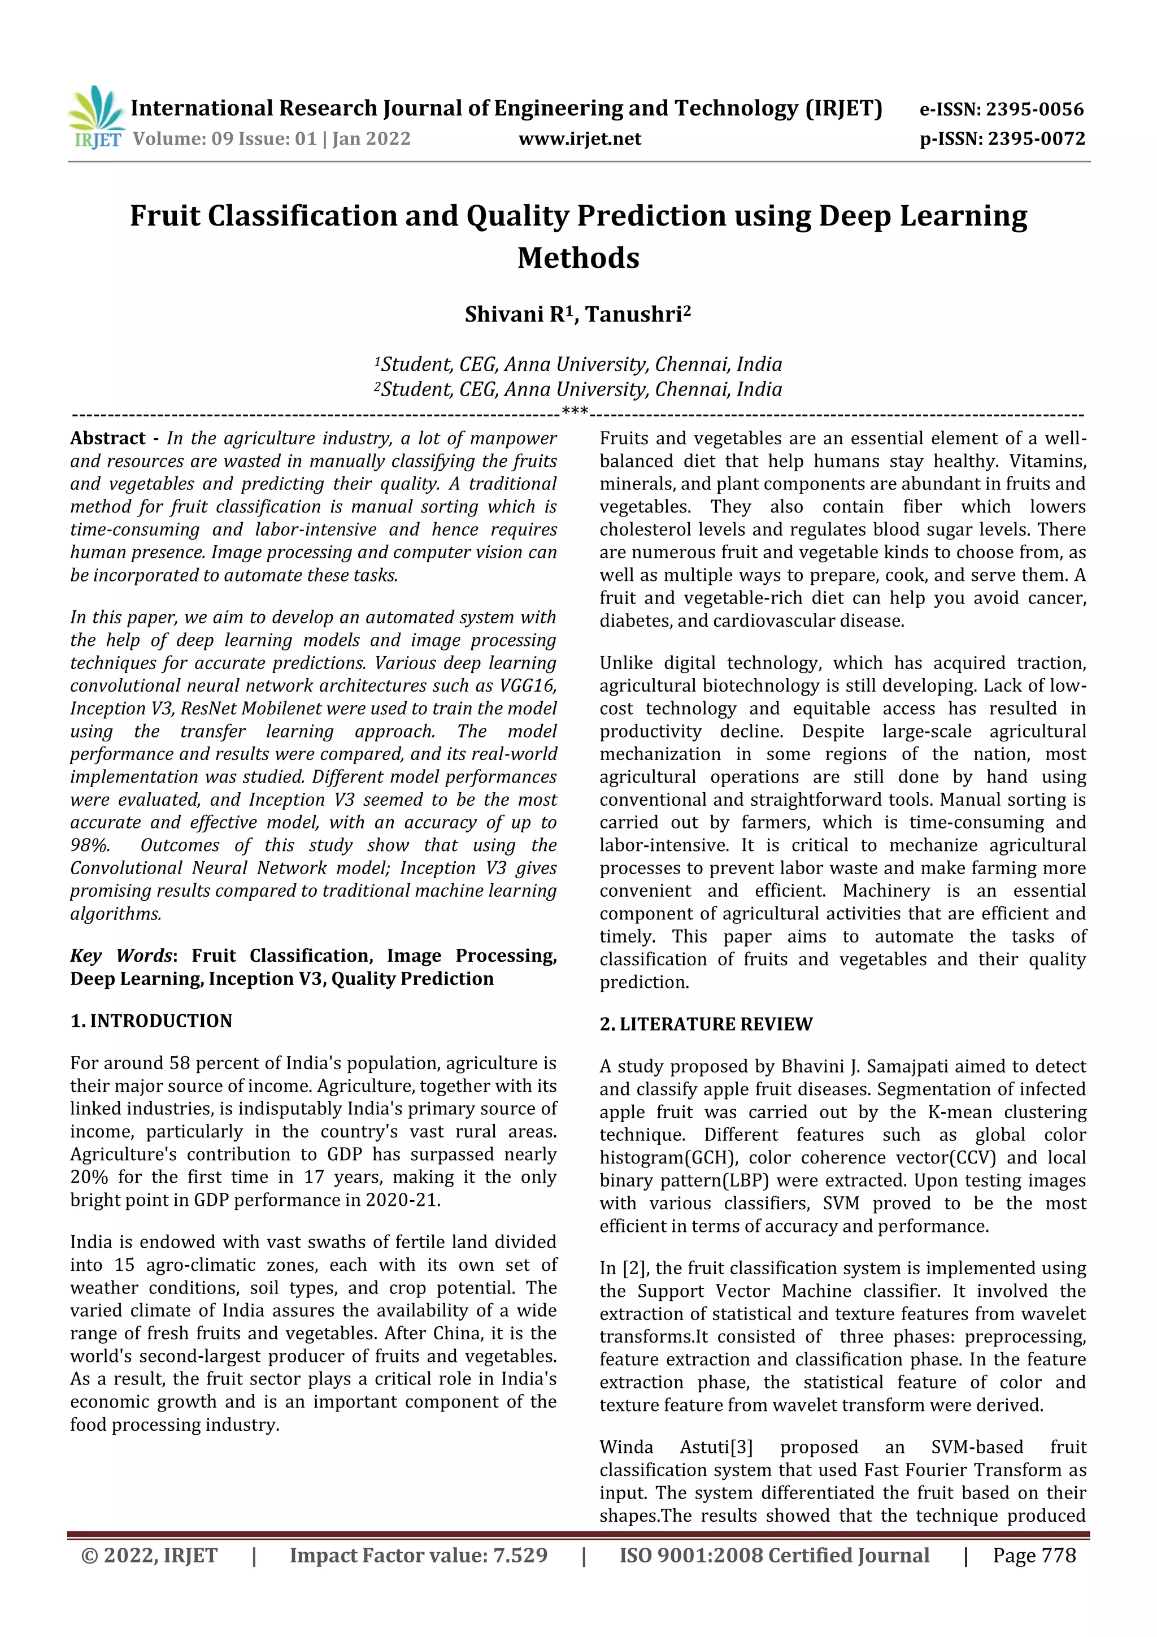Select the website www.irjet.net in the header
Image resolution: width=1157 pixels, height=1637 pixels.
580,138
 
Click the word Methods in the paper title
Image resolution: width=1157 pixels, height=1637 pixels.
578,258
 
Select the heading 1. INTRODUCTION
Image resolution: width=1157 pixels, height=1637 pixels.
151,1021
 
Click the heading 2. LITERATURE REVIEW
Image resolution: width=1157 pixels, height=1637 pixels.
706,1024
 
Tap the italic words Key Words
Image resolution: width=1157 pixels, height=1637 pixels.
121,956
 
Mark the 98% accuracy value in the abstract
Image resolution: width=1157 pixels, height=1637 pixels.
90,845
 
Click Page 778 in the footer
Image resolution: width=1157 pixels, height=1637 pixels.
1034,1555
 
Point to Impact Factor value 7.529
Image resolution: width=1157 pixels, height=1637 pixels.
419,1555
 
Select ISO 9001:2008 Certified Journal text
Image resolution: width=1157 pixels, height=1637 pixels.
774,1555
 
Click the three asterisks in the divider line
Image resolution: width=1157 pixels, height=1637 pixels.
575,411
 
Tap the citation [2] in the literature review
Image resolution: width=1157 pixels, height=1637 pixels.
633,1269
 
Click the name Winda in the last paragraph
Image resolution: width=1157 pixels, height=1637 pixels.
626,1447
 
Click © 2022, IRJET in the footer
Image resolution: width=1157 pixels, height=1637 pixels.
150,1555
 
